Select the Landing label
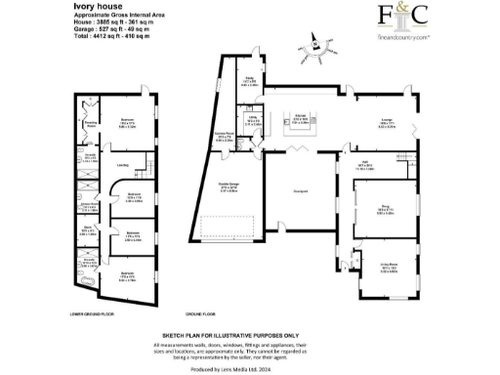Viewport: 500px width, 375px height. point(123,166)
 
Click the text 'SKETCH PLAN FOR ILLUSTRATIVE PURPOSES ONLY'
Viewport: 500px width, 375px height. point(249,334)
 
